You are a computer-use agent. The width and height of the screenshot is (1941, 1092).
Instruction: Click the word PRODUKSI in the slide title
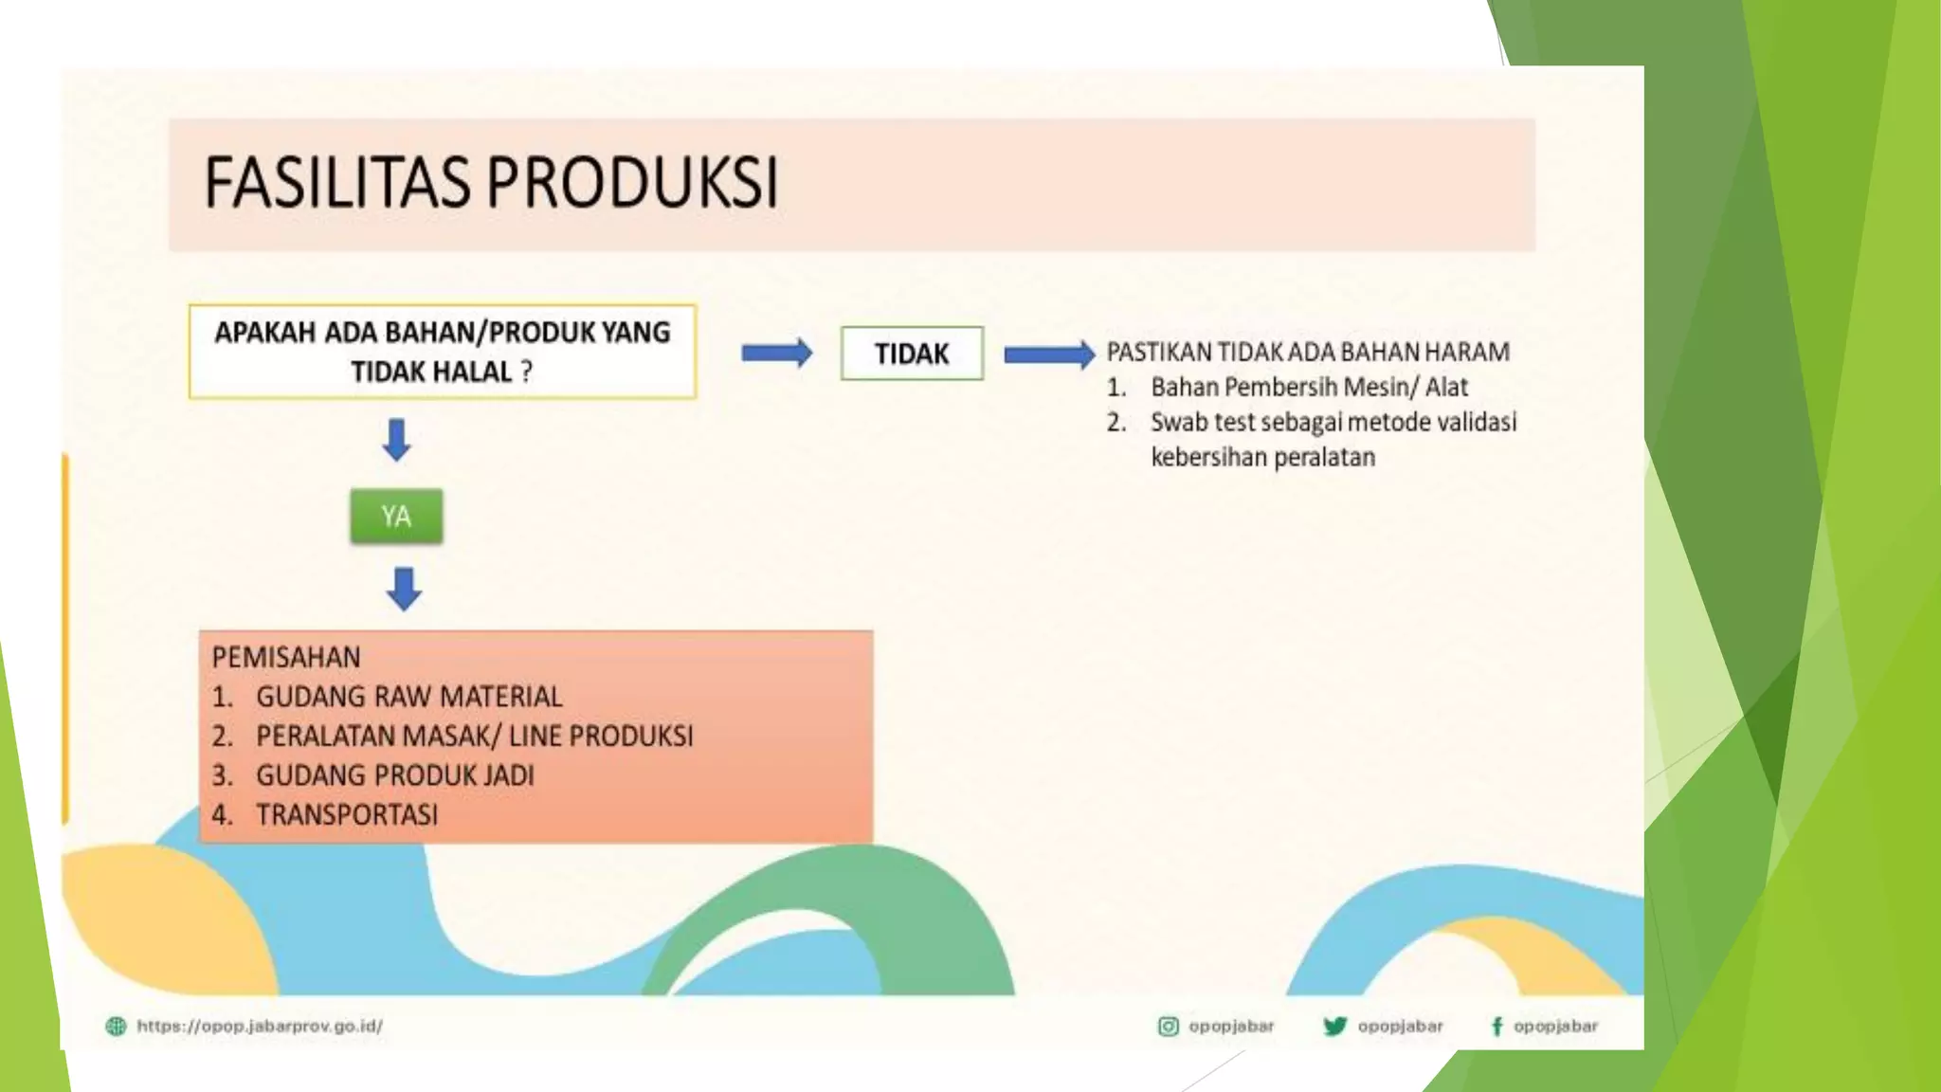coord(633,182)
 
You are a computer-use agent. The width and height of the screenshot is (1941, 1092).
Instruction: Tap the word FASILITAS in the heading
coord(337,182)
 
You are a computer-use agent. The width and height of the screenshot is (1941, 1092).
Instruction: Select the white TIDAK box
coord(912,354)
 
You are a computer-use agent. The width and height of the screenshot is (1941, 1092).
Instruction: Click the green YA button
coord(396,517)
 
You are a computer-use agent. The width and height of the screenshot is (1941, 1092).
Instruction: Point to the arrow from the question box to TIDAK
coord(776,354)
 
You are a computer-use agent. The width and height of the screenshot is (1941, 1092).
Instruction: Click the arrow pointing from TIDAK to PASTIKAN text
coord(1048,355)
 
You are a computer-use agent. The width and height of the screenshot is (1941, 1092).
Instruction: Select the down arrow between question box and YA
coord(396,440)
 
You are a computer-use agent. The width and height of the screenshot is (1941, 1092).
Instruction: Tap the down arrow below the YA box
coord(404,589)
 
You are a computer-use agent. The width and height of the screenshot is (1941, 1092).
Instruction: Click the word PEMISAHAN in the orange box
coord(286,657)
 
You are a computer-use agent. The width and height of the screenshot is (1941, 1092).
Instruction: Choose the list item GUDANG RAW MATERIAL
coord(408,697)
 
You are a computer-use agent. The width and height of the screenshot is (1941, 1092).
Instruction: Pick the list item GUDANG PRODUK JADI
coord(394,775)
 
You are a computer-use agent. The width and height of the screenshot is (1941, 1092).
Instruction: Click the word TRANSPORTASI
coord(347,814)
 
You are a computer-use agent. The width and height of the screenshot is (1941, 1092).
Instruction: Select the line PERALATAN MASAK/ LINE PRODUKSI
coord(474,737)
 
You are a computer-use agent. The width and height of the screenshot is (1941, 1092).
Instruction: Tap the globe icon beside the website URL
coord(116,1026)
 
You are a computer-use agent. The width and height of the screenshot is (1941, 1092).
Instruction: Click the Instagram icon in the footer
coord(1169,1026)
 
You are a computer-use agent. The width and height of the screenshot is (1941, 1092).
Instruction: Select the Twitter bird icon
coord(1334,1026)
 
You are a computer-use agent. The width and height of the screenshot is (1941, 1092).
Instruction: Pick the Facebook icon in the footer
coord(1497,1026)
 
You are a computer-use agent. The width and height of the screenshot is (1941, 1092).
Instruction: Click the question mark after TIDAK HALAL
coord(526,372)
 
